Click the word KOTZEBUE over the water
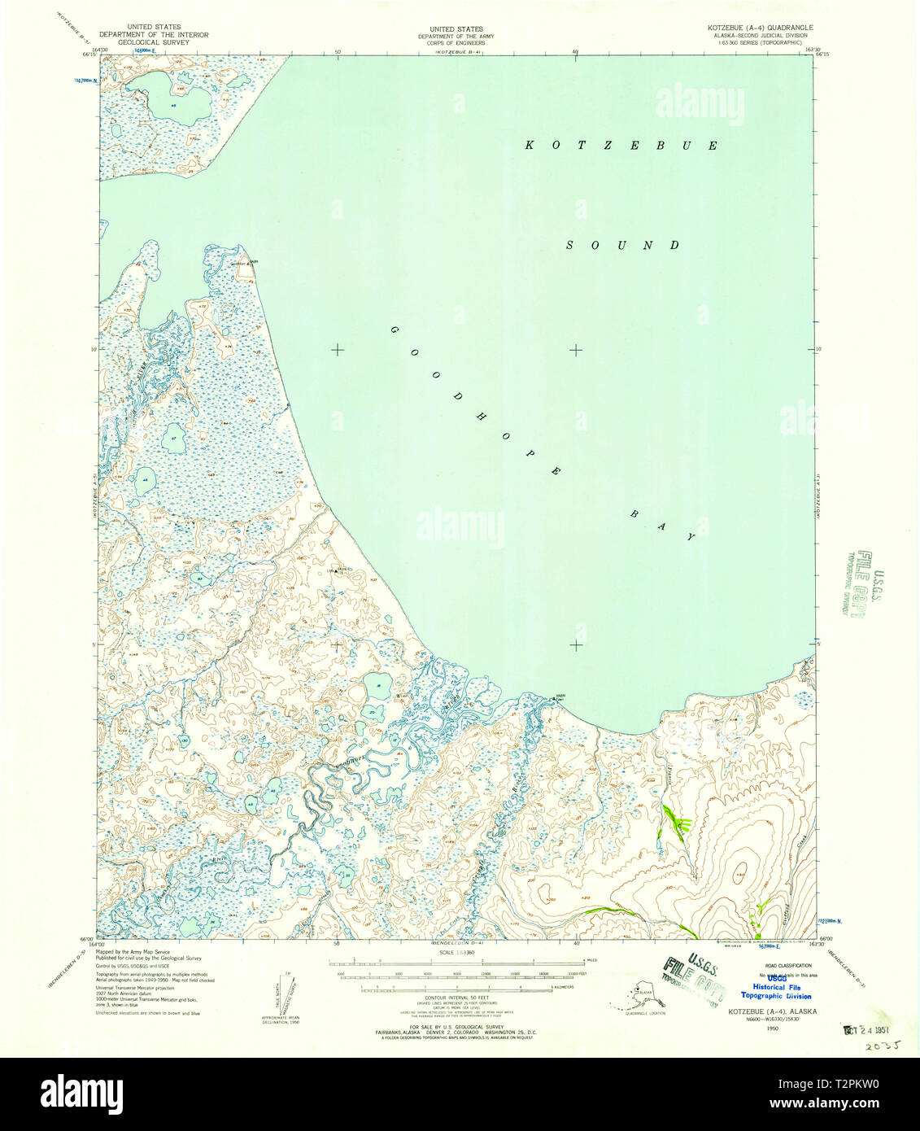tap(621, 146)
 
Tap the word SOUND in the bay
tap(623, 245)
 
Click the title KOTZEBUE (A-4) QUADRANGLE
tap(760, 28)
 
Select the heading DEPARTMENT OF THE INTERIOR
tap(154, 35)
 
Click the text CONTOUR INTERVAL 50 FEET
tap(456, 997)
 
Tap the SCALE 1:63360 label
tap(456, 951)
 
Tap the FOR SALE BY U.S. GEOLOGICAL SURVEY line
tap(456, 1027)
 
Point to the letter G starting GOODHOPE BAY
tap(395, 330)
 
